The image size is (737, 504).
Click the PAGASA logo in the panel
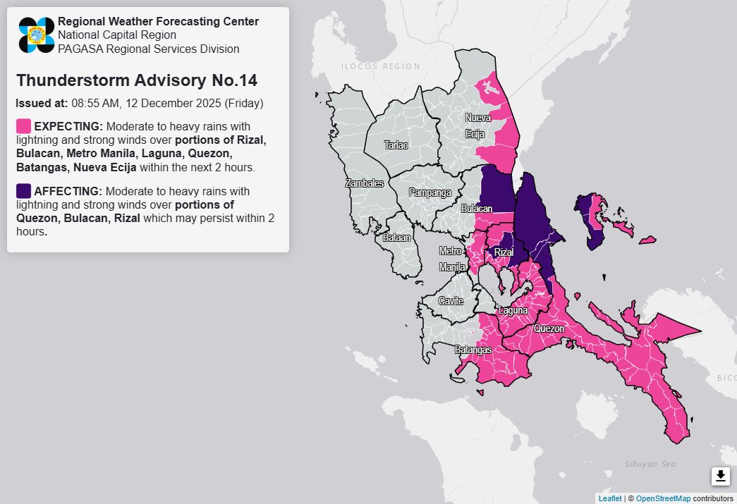click(37, 35)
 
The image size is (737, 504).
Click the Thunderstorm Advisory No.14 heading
click(136, 80)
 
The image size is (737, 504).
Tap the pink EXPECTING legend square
click(23, 126)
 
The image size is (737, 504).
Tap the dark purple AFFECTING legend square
click(23, 191)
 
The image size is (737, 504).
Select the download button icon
click(720, 477)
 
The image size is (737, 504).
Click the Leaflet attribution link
click(609, 498)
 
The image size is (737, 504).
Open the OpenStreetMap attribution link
click(663, 498)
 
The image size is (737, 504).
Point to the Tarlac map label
click(396, 145)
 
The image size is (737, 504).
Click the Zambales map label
click(364, 183)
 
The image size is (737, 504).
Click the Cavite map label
click(451, 301)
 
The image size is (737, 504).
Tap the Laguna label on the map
click(513, 310)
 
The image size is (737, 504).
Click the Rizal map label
click(503, 252)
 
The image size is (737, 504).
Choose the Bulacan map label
click(476, 209)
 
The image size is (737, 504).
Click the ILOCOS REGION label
click(380, 66)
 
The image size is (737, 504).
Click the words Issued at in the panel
click(41, 104)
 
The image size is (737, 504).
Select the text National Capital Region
click(116, 35)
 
